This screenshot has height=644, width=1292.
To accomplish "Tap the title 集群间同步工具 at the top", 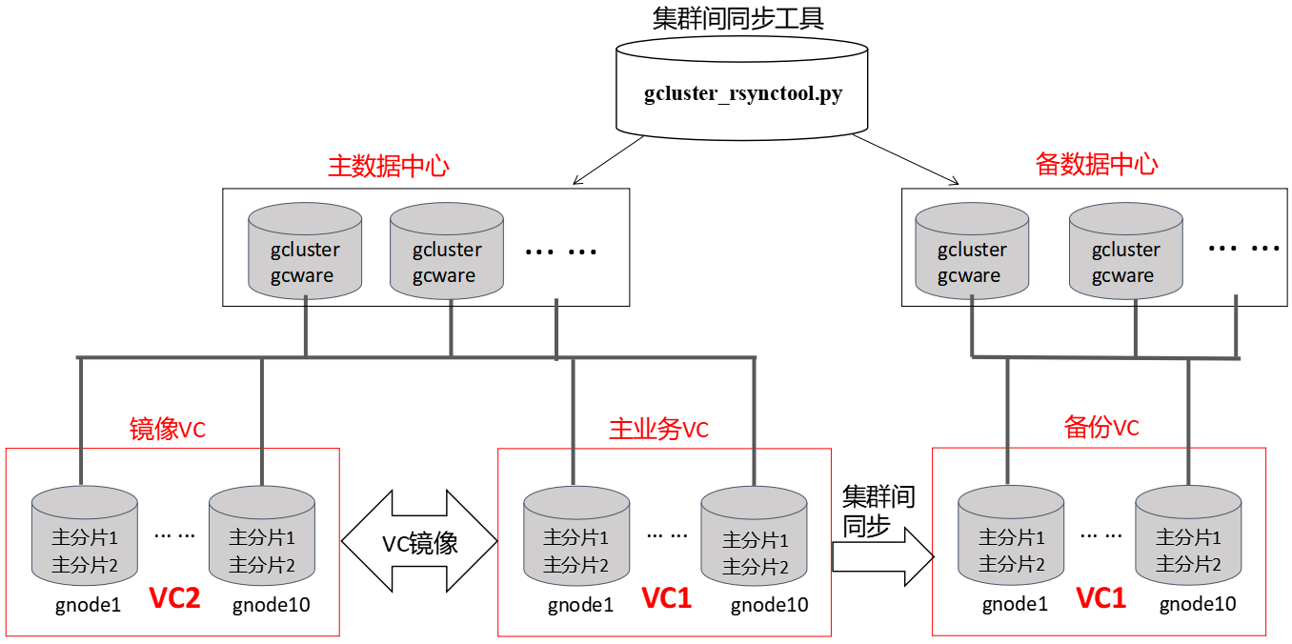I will pos(738,18).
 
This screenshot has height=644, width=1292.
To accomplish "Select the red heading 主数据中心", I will pos(388,166).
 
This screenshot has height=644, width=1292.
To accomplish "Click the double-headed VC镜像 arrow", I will pos(419,543).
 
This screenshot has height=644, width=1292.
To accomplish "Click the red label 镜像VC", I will pos(167,430).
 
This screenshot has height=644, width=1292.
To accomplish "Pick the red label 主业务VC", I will pos(658,430).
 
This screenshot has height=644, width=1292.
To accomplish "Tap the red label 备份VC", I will pos(1100,428).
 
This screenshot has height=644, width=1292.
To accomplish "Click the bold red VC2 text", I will pos(174,599).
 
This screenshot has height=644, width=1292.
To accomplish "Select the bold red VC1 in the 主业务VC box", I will pos(666,599).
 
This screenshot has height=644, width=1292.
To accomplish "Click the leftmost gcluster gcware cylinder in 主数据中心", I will pos(305,251).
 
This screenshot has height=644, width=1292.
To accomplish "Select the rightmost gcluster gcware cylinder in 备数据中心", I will pos(1125,251).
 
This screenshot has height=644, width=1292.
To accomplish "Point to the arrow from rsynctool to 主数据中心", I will pos(611,159).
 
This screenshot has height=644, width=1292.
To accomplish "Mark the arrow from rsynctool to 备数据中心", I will pos(906,159).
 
